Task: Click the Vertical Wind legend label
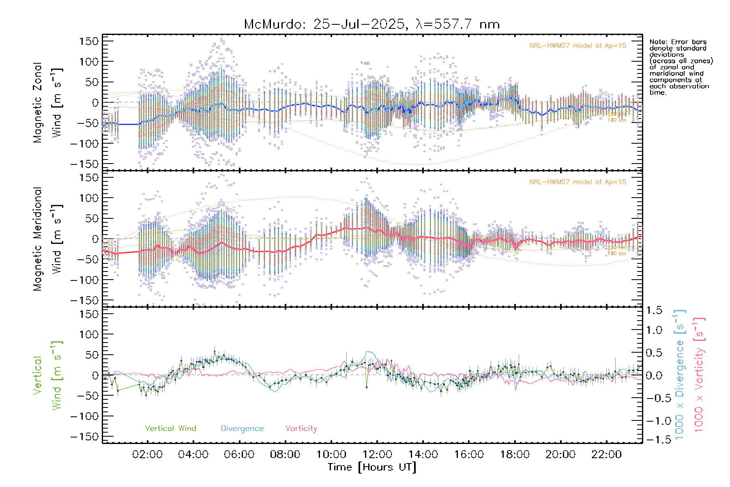(170, 428)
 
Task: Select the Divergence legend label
(242, 428)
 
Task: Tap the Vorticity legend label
(301, 428)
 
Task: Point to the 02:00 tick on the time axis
(148, 454)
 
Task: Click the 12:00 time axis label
(377, 454)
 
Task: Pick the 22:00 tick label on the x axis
(607, 454)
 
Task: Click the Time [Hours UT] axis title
(372, 467)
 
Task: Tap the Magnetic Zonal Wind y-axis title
(47, 102)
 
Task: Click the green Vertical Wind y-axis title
(47, 375)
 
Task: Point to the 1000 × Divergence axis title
(679, 375)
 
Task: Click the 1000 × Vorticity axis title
(699, 375)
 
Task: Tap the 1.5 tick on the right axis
(654, 310)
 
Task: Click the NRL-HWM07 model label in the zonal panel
(578, 46)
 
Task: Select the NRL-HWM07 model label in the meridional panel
(578, 182)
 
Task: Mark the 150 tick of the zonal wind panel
(89, 41)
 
